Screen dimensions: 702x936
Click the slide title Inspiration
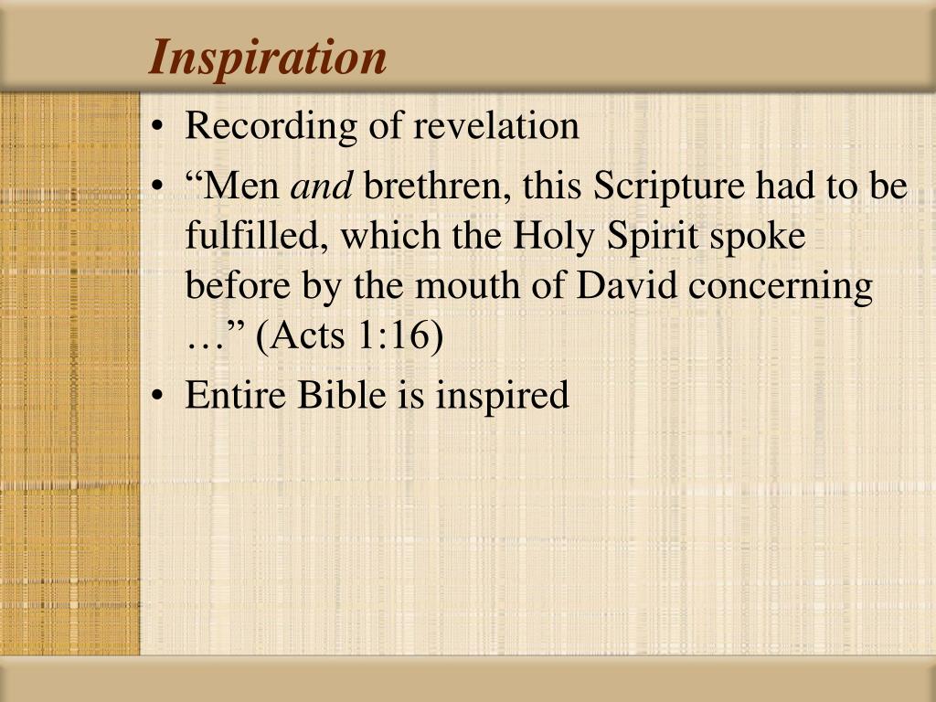pyautogui.click(x=269, y=57)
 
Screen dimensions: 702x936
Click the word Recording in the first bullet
pyautogui.click(x=246, y=127)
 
